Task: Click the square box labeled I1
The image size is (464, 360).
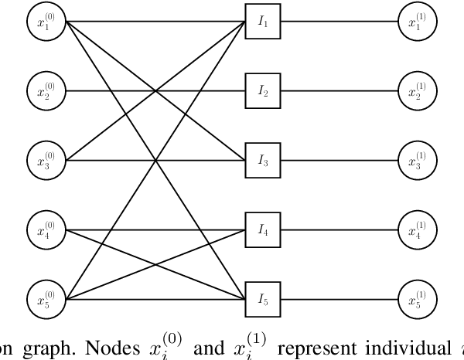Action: click(263, 23)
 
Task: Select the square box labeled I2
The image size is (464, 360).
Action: click(263, 92)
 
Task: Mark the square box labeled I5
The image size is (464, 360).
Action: click(263, 297)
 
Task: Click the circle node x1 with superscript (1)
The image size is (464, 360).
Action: click(417, 23)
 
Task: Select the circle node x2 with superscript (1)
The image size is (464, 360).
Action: click(417, 92)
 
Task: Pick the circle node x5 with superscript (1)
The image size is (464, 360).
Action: click(417, 297)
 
